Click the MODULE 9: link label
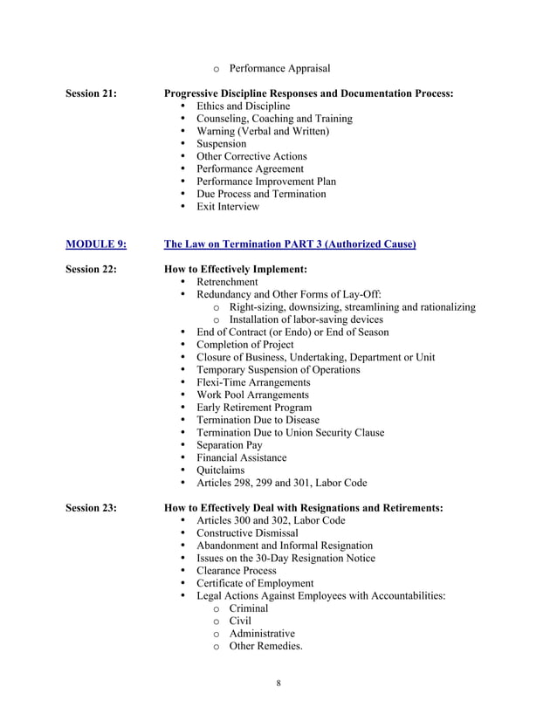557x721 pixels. [x=96, y=244]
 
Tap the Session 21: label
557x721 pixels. [x=92, y=93]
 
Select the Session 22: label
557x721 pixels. [x=92, y=270]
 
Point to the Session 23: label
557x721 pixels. [x=92, y=508]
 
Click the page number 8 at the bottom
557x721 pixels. [x=278, y=683]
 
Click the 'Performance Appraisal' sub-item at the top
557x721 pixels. [x=279, y=69]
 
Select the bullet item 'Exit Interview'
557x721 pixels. [x=228, y=207]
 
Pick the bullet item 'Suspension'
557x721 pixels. [x=221, y=144]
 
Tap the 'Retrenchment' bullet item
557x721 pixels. [x=227, y=282]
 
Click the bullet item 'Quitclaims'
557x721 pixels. [x=220, y=470]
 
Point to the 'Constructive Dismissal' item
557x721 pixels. [x=247, y=533]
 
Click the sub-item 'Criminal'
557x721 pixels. [x=250, y=608]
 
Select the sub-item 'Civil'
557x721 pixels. [x=240, y=621]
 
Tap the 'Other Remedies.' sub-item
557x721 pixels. [x=265, y=647]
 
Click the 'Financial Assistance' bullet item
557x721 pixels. [x=241, y=457]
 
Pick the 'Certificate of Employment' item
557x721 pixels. [x=254, y=583]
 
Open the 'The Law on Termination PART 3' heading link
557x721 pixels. [x=290, y=244]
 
